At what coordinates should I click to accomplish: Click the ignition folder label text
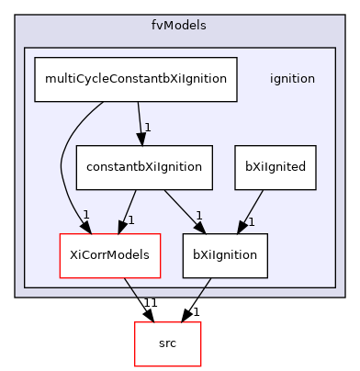(x=292, y=79)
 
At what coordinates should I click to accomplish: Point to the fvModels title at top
(x=180, y=25)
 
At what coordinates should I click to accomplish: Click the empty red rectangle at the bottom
(x=168, y=344)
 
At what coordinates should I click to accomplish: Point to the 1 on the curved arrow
(x=85, y=215)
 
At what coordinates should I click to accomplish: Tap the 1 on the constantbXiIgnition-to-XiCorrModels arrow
(x=130, y=220)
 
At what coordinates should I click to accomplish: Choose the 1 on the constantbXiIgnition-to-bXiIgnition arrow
(x=197, y=216)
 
